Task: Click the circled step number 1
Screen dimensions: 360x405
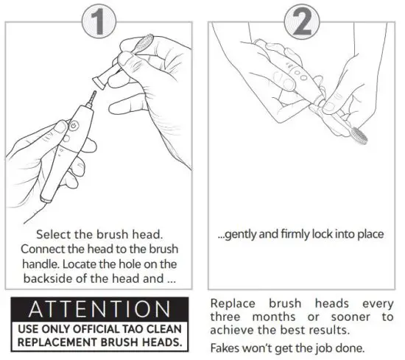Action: pos(102,23)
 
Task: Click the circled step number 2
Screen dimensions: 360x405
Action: pos(301,24)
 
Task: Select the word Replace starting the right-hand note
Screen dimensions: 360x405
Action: pos(233,303)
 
